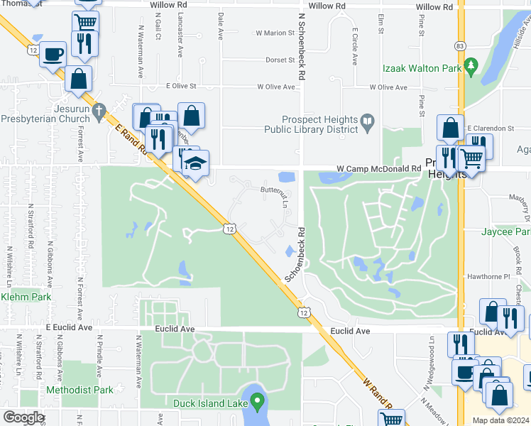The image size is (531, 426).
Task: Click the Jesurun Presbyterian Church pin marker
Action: (99, 111)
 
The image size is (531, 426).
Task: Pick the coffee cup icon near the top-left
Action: (53, 55)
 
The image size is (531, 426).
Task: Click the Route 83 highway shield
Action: (461, 45)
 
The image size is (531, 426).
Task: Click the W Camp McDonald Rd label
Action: (378, 169)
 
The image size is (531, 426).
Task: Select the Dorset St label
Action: (280, 60)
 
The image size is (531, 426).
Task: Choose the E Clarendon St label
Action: (490, 128)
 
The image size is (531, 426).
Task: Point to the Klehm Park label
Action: (26, 297)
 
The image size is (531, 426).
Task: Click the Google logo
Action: (23, 417)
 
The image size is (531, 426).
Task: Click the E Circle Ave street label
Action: (354, 46)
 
